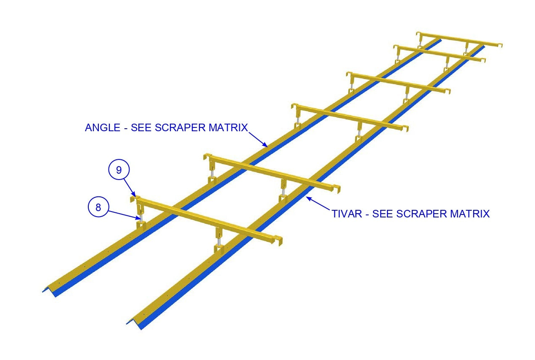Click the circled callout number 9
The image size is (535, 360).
[x=119, y=169]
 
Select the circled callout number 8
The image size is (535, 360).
[x=98, y=207]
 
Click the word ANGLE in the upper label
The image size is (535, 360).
[x=103, y=127]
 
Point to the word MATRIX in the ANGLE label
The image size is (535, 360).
[x=228, y=127]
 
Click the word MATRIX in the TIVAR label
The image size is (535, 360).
[x=470, y=214]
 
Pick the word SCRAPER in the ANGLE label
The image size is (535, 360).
[x=180, y=127]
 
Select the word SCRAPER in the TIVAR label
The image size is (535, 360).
[x=421, y=214]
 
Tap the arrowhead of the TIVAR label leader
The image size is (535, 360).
[x=309, y=198]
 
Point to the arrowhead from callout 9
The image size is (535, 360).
[x=134, y=194]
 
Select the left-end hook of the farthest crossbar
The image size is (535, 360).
[x=418, y=34]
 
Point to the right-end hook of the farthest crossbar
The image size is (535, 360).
[x=500, y=45]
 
